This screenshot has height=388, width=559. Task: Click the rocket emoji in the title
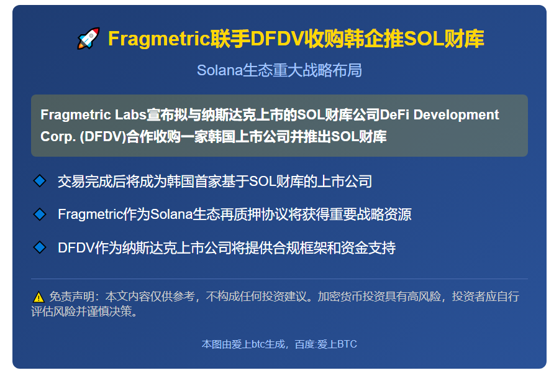(88, 39)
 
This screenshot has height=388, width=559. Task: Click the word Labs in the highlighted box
(132, 115)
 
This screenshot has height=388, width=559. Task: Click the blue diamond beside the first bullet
(40, 181)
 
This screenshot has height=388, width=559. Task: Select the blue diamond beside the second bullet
(40, 215)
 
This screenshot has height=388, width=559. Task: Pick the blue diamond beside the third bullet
(40, 247)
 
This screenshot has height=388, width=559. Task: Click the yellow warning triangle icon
(38, 297)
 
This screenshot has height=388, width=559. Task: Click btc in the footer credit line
(258, 344)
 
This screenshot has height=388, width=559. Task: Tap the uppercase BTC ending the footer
(347, 344)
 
